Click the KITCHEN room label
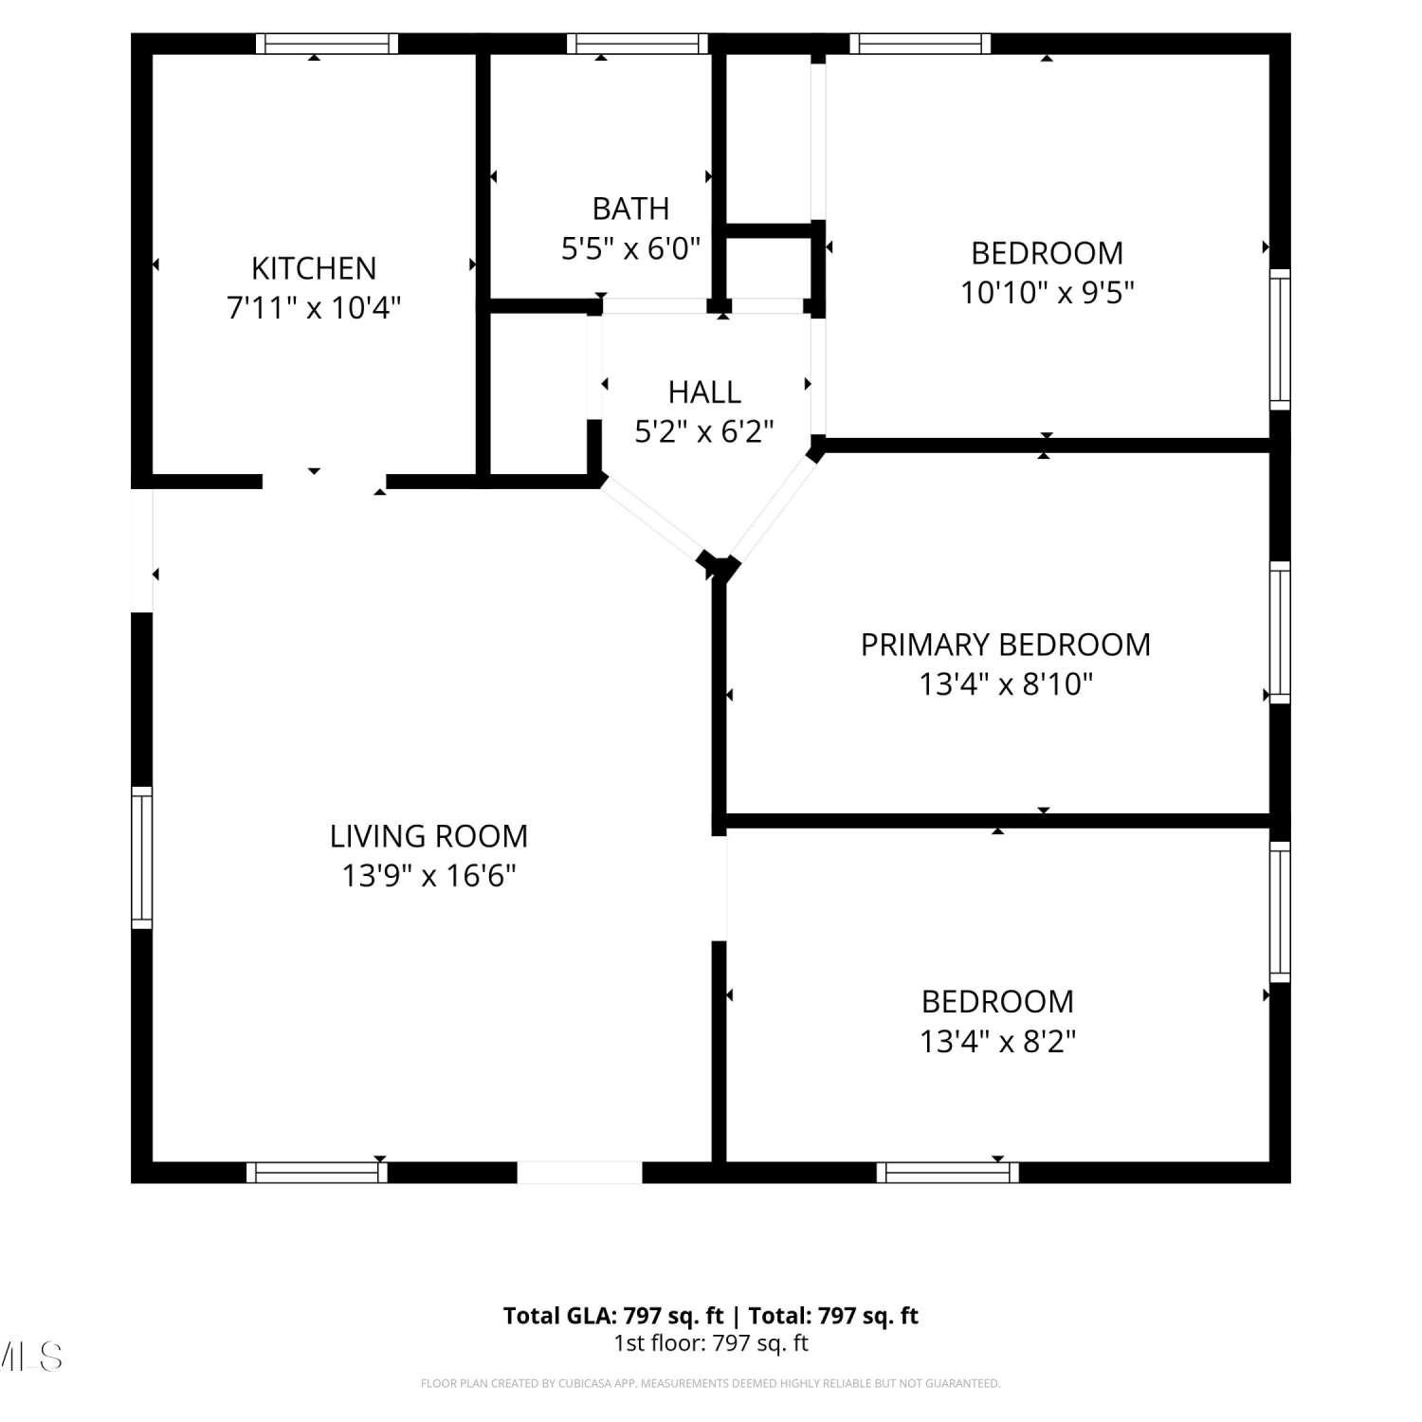pyautogui.click(x=314, y=268)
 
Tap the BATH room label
pyautogui.click(x=630, y=209)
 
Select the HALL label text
pyautogui.click(x=704, y=392)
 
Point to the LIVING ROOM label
pyautogui.click(x=428, y=836)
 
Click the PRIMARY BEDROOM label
pyautogui.click(x=1006, y=645)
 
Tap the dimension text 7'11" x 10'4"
pyautogui.click(x=314, y=308)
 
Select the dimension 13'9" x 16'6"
pyautogui.click(x=428, y=876)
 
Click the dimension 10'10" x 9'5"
pyautogui.click(x=1048, y=293)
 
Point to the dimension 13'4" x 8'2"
pyautogui.click(x=998, y=1042)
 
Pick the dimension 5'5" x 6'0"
pyautogui.click(x=630, y=248)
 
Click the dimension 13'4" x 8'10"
pyautogui.click(x=1006, y=684)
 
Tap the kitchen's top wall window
pyautogui.click(x=327, y=44)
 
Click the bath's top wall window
pyautogui.click(x=638, y=44)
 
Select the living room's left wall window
pyautogui.click(x=141, y=857)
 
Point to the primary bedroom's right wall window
pyautogui.click(x=1280, y=632)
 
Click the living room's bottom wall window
pyautogui.click(x=318, y=1173)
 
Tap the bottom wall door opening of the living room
pyautogui.click(x=579, y=1173)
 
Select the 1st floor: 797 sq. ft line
pyautogui.click(x=711, y=1343)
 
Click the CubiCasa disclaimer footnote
pyautogui.click(x=711, y=1384)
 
